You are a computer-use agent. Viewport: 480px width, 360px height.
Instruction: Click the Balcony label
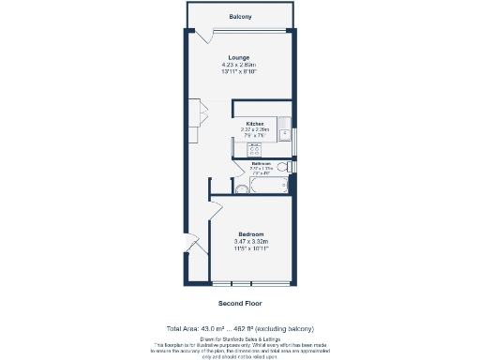click(x=240, y=17)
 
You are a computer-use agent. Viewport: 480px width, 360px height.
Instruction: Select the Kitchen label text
click(x=255, y=124)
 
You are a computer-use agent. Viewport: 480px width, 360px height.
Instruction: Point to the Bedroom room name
click(x=251, y=233)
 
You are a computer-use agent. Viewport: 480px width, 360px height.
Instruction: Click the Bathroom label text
click(x=261, y=163)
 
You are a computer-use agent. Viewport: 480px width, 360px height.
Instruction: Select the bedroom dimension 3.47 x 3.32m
click(x=251, y=241)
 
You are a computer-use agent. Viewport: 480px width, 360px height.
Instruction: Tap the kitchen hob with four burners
click(x=242, y=146)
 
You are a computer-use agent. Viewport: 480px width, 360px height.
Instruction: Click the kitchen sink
click(x=284, y=126)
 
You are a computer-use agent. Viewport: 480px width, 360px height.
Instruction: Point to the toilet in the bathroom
click(x=291, y=167)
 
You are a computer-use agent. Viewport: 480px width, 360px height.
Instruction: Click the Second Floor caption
click(x=240, y=303)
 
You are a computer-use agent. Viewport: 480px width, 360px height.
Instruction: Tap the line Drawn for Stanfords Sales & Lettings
click(x=240, y=335)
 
